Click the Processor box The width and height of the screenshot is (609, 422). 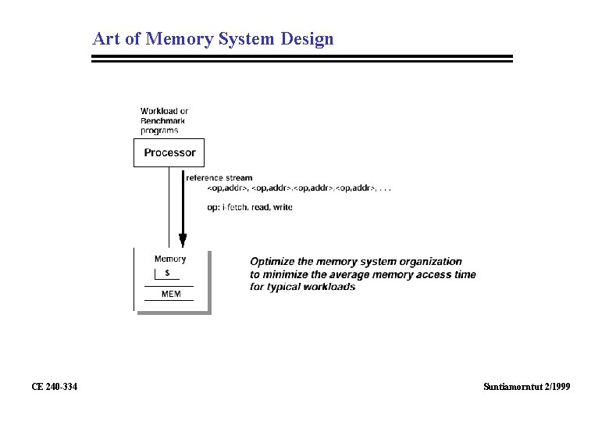(169, 152)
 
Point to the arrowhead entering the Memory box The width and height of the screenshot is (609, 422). (183, 240)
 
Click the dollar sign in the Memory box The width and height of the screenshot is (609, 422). (168, 273)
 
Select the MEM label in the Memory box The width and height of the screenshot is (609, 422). (170, 294)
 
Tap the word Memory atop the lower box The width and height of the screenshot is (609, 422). (170, 259)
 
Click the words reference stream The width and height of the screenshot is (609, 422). (219, 178)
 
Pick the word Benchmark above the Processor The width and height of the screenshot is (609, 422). (164, 120)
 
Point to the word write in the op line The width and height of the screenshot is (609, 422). (283, 207)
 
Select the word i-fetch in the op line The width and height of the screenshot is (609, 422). (233, 207)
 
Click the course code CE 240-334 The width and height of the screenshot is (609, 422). (54, 386)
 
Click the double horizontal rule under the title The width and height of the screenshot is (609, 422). (302, 59)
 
